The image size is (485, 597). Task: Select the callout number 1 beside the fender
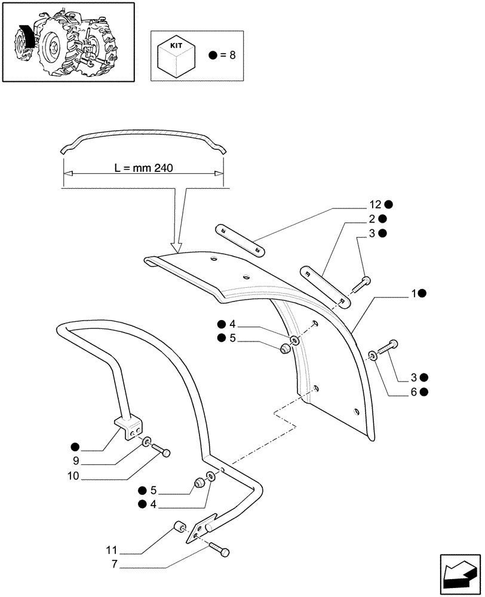point(413,293)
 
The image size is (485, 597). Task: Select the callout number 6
point(415,392)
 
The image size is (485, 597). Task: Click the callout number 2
point(372,219)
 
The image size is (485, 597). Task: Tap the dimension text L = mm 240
point(143,168)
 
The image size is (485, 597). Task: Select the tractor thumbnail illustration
point(67,42)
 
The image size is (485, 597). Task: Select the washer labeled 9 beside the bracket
point(146,442)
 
